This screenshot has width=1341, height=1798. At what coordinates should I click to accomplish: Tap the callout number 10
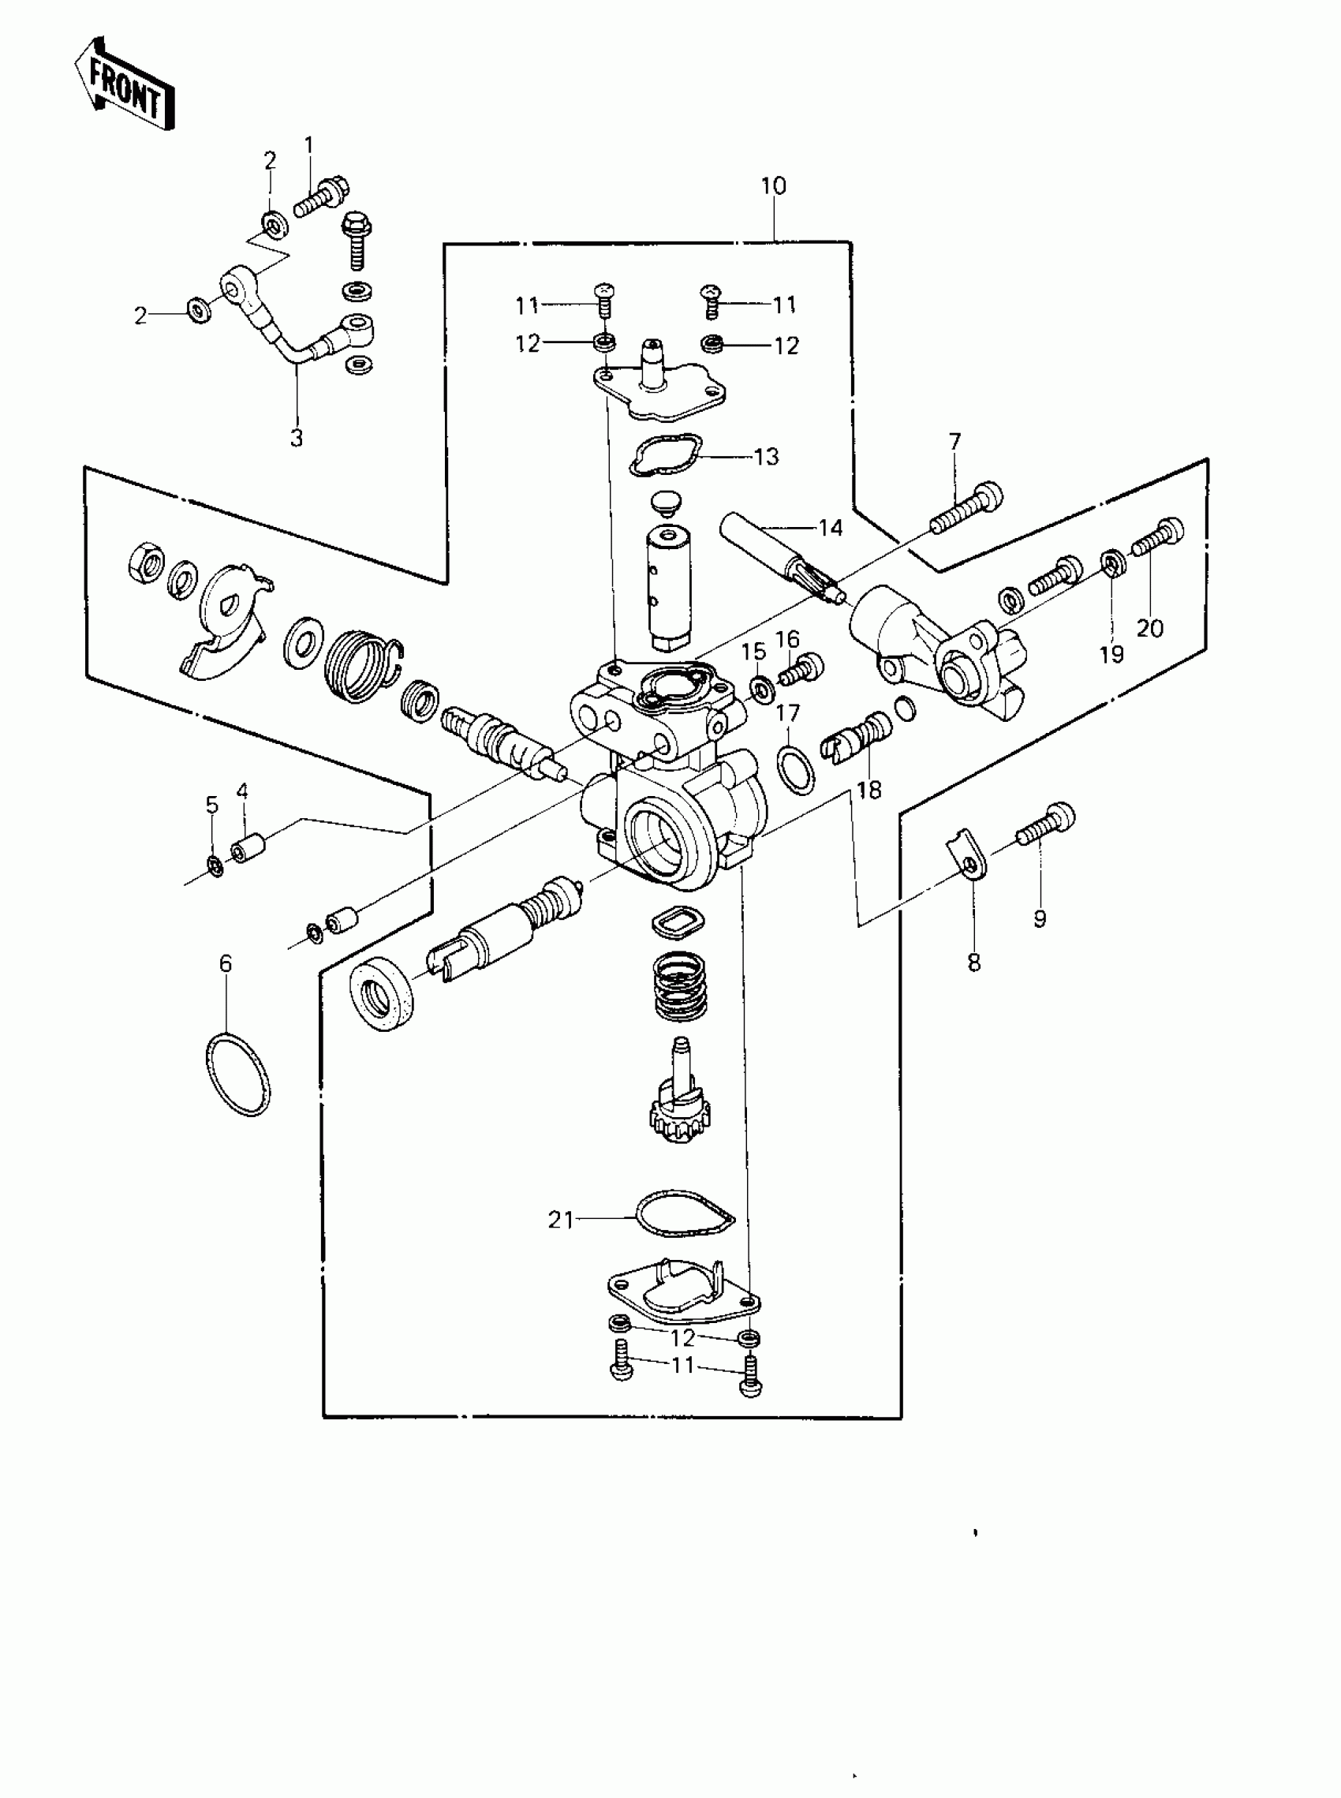click(x=773, y=187)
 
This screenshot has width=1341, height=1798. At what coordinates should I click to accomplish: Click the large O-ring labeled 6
click(x=237, y=1075)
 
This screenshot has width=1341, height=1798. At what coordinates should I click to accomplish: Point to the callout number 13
click(x=766, y=457)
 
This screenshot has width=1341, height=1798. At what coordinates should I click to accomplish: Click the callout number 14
click(x=831, y=529)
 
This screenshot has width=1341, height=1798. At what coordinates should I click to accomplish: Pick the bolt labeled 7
click(x=967, y=509)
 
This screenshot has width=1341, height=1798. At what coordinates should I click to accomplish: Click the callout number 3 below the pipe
click(x=297, y=439)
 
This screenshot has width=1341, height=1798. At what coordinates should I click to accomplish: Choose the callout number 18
click(x=868, y=790)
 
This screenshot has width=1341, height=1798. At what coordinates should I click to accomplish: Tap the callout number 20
click(x=1149, y=627)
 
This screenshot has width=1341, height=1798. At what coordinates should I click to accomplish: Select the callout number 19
click(x=1111, y=654)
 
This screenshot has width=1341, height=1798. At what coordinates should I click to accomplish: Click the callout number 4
click(x=242, y=791)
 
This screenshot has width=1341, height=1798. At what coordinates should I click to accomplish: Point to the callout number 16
click(x=786, y=640)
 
